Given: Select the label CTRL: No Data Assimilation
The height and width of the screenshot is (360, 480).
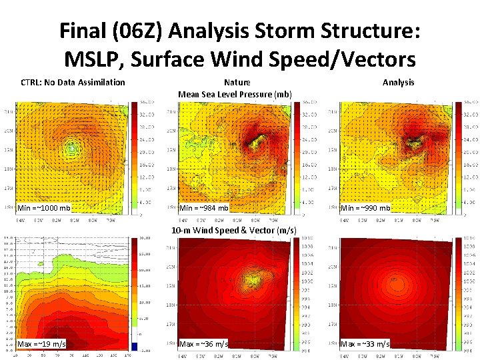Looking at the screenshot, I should (x=73, y=83).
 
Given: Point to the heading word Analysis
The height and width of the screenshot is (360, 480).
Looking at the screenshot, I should (x=398, y=83).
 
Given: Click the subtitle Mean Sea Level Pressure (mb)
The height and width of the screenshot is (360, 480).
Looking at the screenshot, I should (x=235, y=94).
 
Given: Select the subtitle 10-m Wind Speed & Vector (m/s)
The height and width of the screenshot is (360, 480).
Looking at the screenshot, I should (x=234, y=230).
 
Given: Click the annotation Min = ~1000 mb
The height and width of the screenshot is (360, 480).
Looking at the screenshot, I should (x=44, y=208).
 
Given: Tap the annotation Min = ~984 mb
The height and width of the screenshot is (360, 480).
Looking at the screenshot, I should (x=204, y=208).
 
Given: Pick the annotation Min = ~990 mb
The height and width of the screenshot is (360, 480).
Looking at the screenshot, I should (x=365, y=208).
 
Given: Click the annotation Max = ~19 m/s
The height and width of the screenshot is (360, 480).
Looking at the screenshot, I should (x=41, y=343).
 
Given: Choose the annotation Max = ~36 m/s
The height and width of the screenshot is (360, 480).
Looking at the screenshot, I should (x=204, y=343).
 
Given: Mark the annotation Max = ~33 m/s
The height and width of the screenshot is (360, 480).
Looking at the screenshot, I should (x=365, y=343).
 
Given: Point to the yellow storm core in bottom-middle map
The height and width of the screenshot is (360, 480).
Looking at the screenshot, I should (x=254, y=278).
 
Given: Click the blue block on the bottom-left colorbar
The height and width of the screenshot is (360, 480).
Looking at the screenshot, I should (x=135, y=346).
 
